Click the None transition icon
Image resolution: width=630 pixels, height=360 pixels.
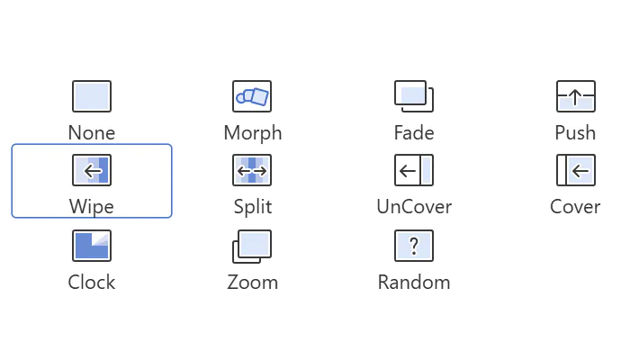tap(92, 96)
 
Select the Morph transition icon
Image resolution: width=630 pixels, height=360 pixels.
tap(252, 96)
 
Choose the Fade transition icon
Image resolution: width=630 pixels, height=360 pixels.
tap(414, 96)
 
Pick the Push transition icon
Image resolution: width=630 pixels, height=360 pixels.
tap(576, 96)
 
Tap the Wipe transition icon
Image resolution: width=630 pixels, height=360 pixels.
tap(92, 170)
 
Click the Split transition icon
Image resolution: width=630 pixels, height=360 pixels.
tap(252, 170)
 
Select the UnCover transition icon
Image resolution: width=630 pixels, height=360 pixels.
tap(414, 170)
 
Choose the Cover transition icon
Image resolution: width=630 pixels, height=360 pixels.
tap(576, 170)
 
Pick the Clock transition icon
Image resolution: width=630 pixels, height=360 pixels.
tap(92, 246)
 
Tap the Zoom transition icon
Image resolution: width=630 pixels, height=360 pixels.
tap(252, 247)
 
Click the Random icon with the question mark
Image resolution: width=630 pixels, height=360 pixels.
tap(414, 246)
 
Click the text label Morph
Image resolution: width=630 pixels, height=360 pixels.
tap(253, 133)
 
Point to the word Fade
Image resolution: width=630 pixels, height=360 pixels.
tap(414, 132)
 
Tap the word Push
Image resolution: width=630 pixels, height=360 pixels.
tap(575, 132)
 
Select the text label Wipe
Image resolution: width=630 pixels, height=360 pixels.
tap(92, 207)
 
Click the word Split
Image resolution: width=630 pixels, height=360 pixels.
tap(253, 207)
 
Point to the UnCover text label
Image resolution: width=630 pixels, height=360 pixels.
tap(414, 206)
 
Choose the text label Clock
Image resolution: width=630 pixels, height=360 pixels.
tap(92, 282)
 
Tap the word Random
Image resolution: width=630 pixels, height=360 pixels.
tap(414, 282)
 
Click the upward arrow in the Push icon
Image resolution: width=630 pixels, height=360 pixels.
tap(575, 97)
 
